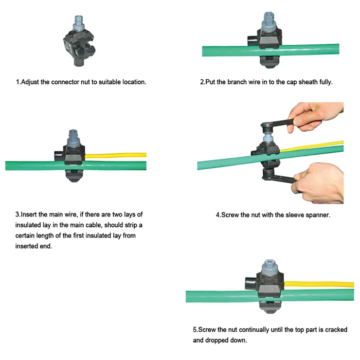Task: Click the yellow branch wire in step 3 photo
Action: click(118, 154)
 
